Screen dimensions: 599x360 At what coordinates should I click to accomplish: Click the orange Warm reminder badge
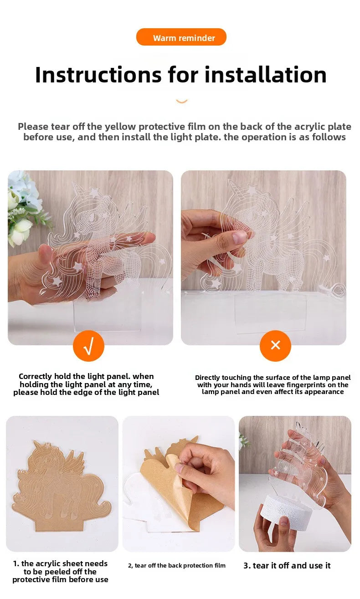[181, 37]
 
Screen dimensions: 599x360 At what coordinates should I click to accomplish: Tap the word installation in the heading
[265, 75]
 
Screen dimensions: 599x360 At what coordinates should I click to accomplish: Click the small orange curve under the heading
[181, 101]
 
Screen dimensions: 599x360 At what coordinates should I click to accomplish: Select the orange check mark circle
[88, 346]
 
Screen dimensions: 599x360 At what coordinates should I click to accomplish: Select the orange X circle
[275, 346]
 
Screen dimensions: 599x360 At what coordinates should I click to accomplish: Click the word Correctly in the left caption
[35, 376]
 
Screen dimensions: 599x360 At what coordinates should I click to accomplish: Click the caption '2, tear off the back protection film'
[177, 565]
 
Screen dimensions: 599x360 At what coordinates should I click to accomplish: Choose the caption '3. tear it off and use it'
[287, 565]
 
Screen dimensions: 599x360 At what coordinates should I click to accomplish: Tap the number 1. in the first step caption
[16, 563]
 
